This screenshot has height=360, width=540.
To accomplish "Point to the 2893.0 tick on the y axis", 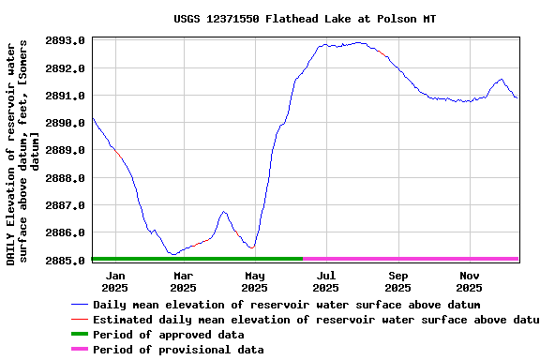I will pos(66,41).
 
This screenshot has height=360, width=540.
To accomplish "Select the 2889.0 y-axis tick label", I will pos(66,150).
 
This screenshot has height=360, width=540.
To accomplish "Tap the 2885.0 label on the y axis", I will pos(66,260).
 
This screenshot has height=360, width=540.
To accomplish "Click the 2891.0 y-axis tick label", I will pos(66,96).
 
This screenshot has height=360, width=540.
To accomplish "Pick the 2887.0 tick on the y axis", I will pos(66,205).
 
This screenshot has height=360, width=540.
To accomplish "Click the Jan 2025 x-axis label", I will pos(114,281).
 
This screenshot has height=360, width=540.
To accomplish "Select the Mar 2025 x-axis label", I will pos(184,281).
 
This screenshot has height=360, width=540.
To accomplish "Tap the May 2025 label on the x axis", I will pos(255,281).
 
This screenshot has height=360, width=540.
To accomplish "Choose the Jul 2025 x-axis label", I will pos(325,281).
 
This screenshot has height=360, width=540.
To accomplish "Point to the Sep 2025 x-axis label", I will pos(398,281).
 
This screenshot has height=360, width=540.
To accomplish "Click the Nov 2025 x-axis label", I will pos(470,281).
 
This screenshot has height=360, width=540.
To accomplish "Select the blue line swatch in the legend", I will pos(80,305).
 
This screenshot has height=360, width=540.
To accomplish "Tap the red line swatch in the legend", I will pos(80,320).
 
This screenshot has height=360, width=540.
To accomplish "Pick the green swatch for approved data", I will pos(80,335).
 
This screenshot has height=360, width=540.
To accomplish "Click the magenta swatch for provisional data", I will pos(80,350).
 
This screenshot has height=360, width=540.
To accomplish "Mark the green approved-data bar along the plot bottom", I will pos(197,258).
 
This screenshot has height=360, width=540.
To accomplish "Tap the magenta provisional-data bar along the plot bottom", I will pos(411,258).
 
